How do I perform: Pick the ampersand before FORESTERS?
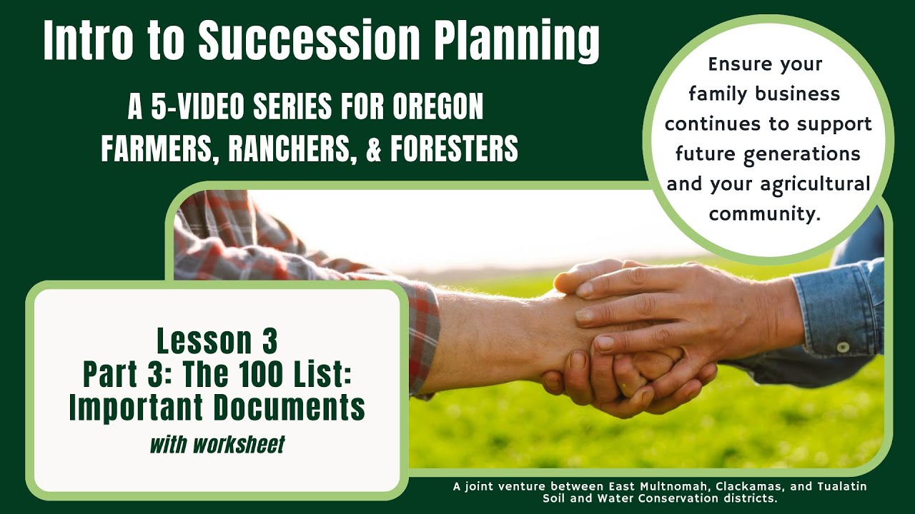click(375, 148)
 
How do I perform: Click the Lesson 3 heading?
click(217, 341)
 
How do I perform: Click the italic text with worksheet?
click(217, 445)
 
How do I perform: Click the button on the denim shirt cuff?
click(844, 348)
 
